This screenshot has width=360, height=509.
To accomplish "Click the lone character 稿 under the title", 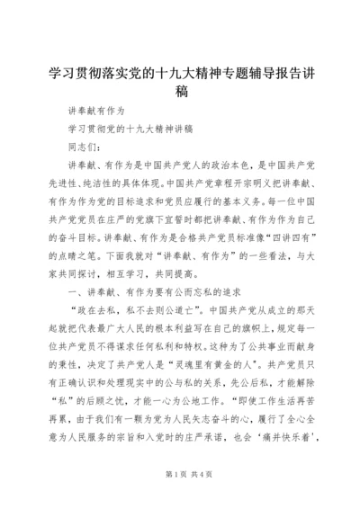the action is click(x=180, y=91).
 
